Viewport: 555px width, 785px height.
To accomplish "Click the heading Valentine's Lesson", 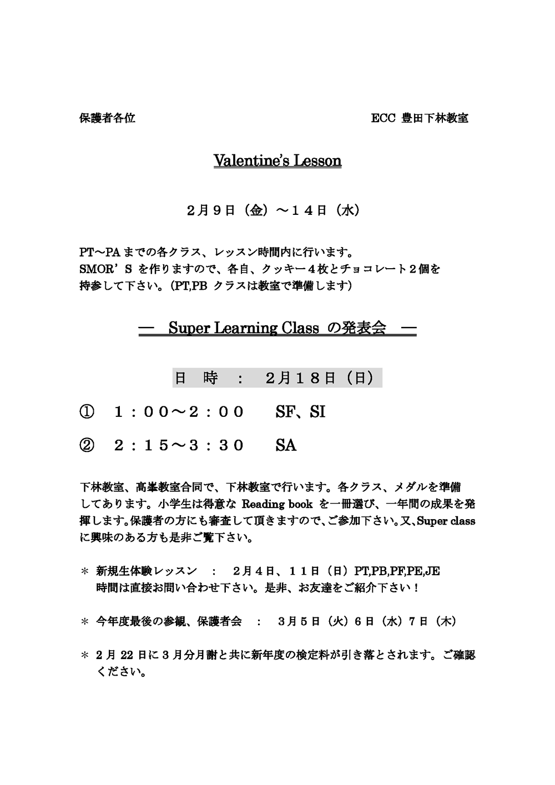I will pyautogui.click(x=277, y=161).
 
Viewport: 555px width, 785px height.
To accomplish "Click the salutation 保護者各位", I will pyautogui.click(x=107, y=118).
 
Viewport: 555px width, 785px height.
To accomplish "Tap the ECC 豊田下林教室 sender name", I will pyautogui.click(x=420, y=118).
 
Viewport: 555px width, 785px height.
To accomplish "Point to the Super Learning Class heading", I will pyautogui.click(x=277, y=328).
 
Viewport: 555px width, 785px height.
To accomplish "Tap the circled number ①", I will pyautogui.click(x=87, y=412).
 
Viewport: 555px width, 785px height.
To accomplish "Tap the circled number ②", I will pyautogui.click(x=87, y=445).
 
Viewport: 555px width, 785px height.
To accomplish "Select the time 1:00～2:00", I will pyautogui.click(x=179, y=412).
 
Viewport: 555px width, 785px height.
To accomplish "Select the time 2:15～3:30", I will pyautogui.click(x=179, y=445).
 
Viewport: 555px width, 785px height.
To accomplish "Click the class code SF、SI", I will pyautogui.click(x=300, y=412).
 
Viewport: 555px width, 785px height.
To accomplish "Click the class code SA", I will pyautogui.click(x=286, y=445).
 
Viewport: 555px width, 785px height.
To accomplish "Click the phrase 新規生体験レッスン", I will pyautogui.click(x=147, y=571).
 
